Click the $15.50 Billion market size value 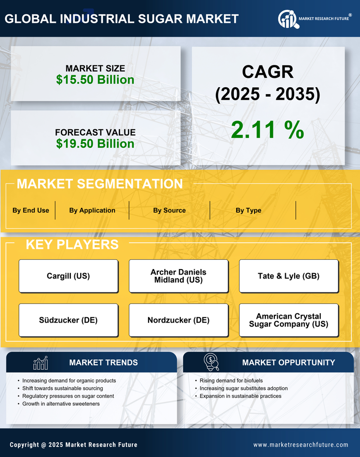click(x=95, y=80)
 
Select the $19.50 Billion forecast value click(x=95, y=144)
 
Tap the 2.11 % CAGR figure click(x=267, y=130)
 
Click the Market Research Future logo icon click(x=288, y=19)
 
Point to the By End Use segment click(x=31, y=210)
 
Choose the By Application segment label click(x=92, y=210)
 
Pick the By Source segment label click(x=169, y=210)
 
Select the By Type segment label click(x=248, y=210)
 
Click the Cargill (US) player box click(x=68, y=276)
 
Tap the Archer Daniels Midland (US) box click(x=178, y=276)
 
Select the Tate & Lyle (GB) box click(x=289, y=276)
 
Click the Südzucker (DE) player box click(x=68, y=320)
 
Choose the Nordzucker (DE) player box click(x=178, y=320)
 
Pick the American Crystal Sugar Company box click(x=289, y=320)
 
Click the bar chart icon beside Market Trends click(x=41, y=363)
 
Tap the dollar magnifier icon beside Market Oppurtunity click(x=211, y=362)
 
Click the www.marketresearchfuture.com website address click(x=301, y=445)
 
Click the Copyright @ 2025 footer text click(x=73, y=445)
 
